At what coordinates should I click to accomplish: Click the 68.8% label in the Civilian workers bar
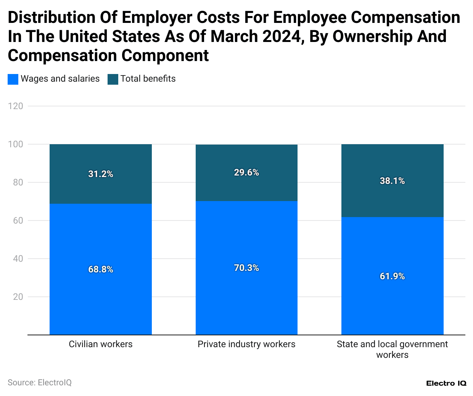(101, 269)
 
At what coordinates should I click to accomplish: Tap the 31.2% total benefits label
(101, 174)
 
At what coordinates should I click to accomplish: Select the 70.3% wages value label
(246, 268)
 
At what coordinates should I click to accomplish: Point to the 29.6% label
(246, 172)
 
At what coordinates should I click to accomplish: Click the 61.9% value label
(392, 276)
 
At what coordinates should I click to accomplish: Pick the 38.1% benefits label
(392, 181)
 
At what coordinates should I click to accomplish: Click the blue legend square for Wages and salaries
(13, 79)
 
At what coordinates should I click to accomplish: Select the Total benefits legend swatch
(113, 79)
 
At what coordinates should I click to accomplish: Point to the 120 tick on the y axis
(16, 106)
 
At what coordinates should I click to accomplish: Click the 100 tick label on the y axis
(16, 144)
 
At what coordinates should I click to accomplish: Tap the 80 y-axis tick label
(18, 182)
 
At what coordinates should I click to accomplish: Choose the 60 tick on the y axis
(18, 221)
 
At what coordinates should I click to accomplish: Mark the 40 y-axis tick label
(18, 259)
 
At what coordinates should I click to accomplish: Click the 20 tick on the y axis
(18, 297)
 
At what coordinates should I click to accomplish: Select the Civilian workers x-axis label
(101, 344)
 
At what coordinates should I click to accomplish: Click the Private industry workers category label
(246, 344)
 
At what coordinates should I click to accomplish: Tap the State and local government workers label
(392, 349)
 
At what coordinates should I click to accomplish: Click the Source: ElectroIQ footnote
(40, 382)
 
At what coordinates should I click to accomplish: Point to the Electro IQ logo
(446, 383)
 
